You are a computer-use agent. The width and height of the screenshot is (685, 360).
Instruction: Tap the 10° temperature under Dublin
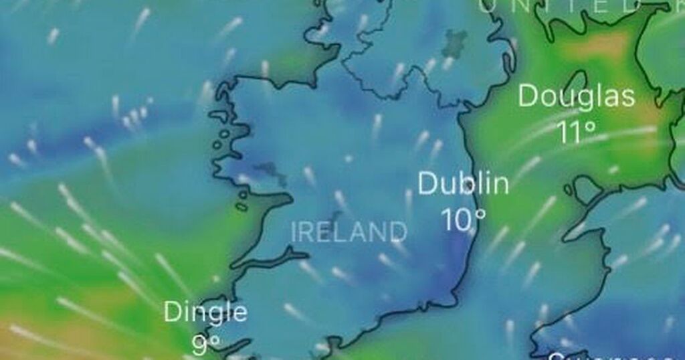[463, 219]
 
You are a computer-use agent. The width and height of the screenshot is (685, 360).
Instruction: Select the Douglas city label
[576, 96]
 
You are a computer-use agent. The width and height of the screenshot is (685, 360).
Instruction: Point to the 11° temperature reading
[577, 132]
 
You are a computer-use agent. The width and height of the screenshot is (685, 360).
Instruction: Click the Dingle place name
[205, 312]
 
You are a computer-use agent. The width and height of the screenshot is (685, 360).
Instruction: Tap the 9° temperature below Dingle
[205, 345]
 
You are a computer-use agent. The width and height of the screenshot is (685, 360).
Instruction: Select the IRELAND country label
[349, 232]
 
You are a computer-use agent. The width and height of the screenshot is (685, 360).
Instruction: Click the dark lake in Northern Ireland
[456, 42]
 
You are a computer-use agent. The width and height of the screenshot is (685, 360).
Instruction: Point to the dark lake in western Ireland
[271, 173]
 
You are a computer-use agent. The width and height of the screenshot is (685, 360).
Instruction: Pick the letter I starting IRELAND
[295, 233]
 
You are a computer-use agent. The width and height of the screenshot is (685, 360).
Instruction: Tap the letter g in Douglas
[587, 99]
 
